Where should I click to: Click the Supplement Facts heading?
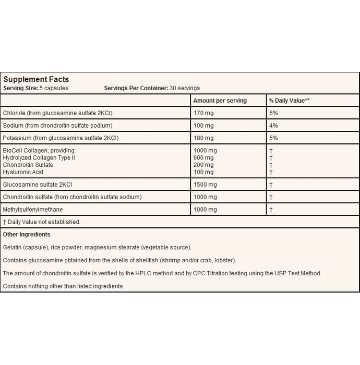pyautogui.click(x=36, y=79)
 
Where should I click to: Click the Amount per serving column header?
pyautogui.click(x=220, y=100)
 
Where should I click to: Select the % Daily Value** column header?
pyautogui.click(x=289, y=100)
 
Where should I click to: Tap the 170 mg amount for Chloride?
pyautogui.click(x=203, y=113)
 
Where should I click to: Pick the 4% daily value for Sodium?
pyautogui.click(x=273, y=126)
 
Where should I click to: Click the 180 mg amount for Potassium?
pyautogui.click(x=203, y=138)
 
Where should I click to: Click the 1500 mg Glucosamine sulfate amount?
pyautogui.click(x=205, y=185)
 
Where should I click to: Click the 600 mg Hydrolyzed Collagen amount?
pyautogui.click(x=203, y=157)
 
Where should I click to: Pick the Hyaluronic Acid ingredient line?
pyautogui.click(x=23, y=172)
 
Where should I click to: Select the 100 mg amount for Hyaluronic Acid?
pyautogui.click(x=203, y=172)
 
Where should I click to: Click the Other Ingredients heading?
pyautogui.click(x=27, y=235)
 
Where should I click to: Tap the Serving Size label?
pyautogui.click(x=20, y=88)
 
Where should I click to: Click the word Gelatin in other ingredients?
pyautogui.click(x=13, y=247)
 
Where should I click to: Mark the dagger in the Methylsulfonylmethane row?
pyautogui.click(x=271, y=210)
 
